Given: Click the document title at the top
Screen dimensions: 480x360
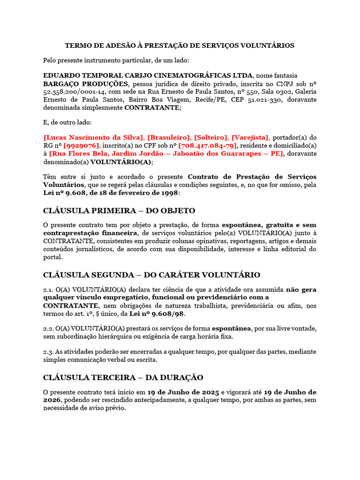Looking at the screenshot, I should click(180, 45).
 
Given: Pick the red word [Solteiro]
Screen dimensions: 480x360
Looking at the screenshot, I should click(211, 137).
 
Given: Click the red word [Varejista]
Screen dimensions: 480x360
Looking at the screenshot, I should click(250, 137).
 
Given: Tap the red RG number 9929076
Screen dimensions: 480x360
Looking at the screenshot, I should click(81, 145).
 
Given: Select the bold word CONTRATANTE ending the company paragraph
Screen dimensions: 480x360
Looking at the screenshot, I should click(151, 107).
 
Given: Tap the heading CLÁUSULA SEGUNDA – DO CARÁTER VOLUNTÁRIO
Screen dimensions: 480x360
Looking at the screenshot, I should click(151, 275).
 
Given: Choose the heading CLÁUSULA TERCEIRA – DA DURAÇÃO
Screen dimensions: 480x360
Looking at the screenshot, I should click(123, 377).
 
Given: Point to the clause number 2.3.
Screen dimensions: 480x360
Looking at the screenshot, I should click(49, 352).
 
